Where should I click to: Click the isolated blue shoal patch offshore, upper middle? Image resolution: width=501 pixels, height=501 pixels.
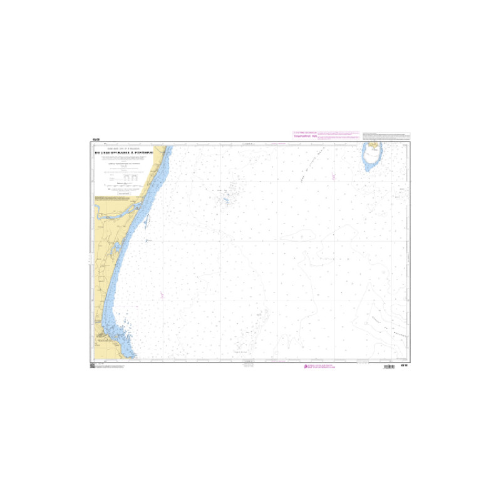225,200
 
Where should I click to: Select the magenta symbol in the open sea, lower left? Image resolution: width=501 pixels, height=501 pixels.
161,294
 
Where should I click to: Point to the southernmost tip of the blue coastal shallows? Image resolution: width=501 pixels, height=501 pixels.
133,358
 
